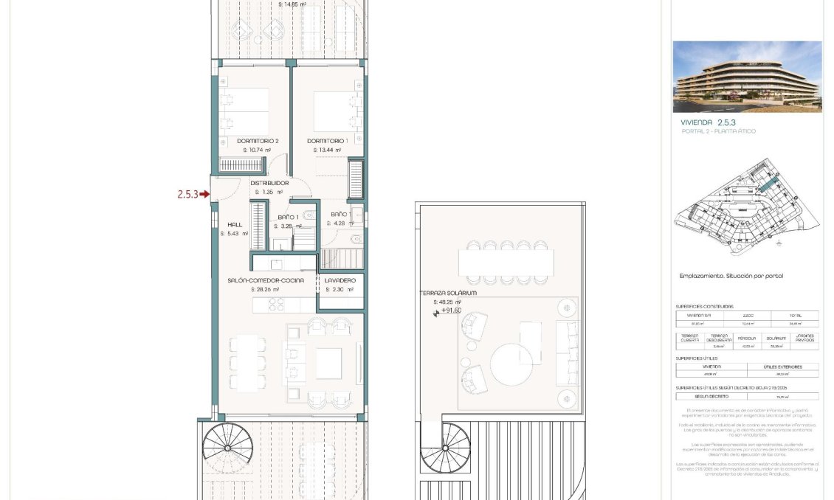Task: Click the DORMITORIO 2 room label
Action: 258,140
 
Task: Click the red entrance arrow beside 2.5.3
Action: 205,195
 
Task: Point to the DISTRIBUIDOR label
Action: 269,182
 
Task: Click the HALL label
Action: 235,225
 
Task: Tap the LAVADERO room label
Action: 340,280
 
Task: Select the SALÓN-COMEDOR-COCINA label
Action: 265,280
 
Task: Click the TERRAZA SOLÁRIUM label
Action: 448,293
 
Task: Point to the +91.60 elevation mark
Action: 451,310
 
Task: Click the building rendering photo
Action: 747,76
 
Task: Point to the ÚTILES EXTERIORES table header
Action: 782,367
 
